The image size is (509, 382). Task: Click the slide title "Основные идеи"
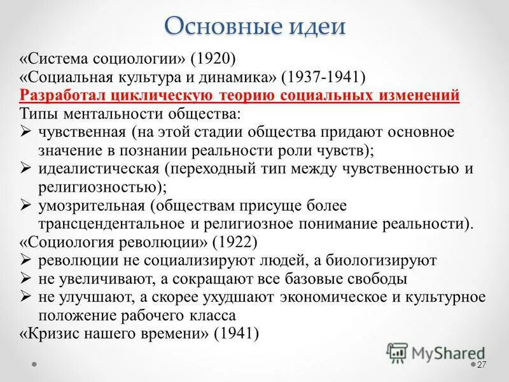pyautogui.click(x=254, y=27)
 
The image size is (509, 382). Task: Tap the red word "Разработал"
pyautogui.click(x=59, y=96)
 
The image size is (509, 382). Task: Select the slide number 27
pyautogui.click(x=481, y=365)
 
